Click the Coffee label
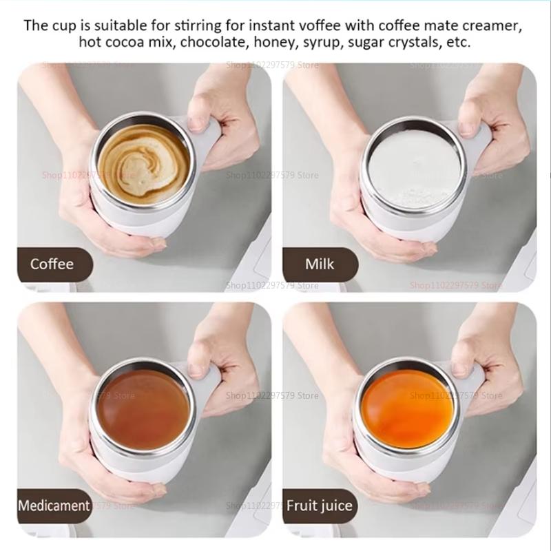click(52, 264)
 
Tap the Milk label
click(320, 264)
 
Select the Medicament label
click(54, 506)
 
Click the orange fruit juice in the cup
click(408, 408)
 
